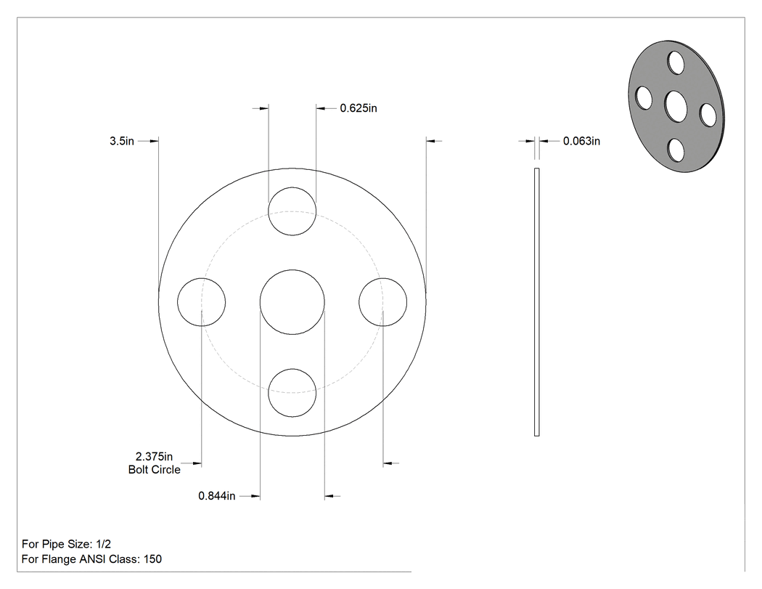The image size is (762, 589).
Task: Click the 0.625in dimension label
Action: point(359,108)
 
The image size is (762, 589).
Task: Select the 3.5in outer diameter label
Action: point(121,141)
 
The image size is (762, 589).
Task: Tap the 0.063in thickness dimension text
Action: point(581,141)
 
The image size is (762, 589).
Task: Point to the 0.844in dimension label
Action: point(217,495)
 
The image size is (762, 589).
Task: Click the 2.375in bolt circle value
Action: point(154,456)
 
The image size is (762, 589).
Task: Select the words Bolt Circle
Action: point(154,469)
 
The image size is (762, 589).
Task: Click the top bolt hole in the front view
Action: point(292,187)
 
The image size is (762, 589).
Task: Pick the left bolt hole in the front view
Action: point(177,302)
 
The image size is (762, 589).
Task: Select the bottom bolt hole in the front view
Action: point(292,417)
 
